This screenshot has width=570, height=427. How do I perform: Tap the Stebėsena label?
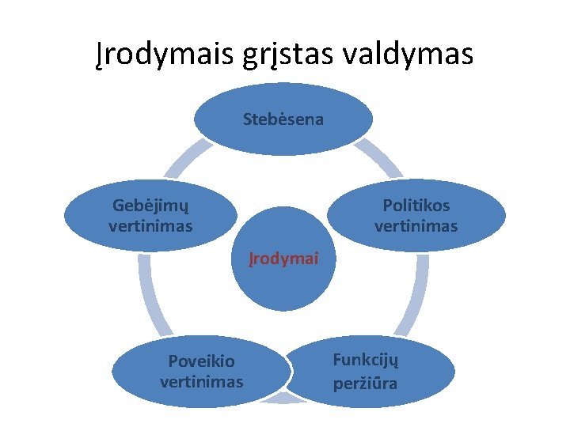(x=283, y=120)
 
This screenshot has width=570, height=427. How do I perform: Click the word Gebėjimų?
(x=150, y=206)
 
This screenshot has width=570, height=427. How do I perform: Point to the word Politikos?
(x=416, y=206)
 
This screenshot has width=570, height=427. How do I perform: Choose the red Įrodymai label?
(x=283, y=259)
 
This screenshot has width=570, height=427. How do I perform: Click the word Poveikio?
(x=201, y=361)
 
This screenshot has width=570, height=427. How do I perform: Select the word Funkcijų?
(x=365, y=360)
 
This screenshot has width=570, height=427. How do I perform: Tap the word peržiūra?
(x=365, y=384)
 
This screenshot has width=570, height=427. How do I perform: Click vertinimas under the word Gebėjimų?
(x=150, y=226)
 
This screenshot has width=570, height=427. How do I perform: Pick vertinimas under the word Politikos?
(x=416, y=226)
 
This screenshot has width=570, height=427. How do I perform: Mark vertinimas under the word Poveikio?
(x=201, y=382)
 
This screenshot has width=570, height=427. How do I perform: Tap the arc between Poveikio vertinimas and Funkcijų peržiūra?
(x=283, y=400)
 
